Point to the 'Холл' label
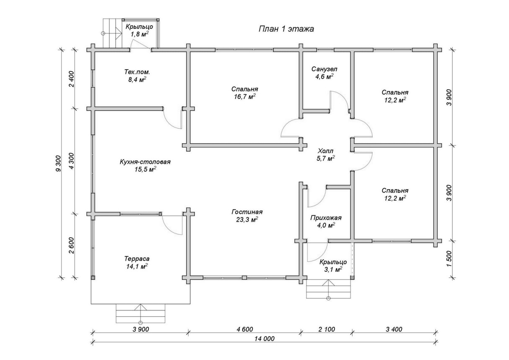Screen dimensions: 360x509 coord(325,151)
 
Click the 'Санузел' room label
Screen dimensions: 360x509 coord(324,69)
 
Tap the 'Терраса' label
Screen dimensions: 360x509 coord(137,258)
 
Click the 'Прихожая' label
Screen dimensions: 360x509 coord(326,218)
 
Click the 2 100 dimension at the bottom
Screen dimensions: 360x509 coord(326,329)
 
